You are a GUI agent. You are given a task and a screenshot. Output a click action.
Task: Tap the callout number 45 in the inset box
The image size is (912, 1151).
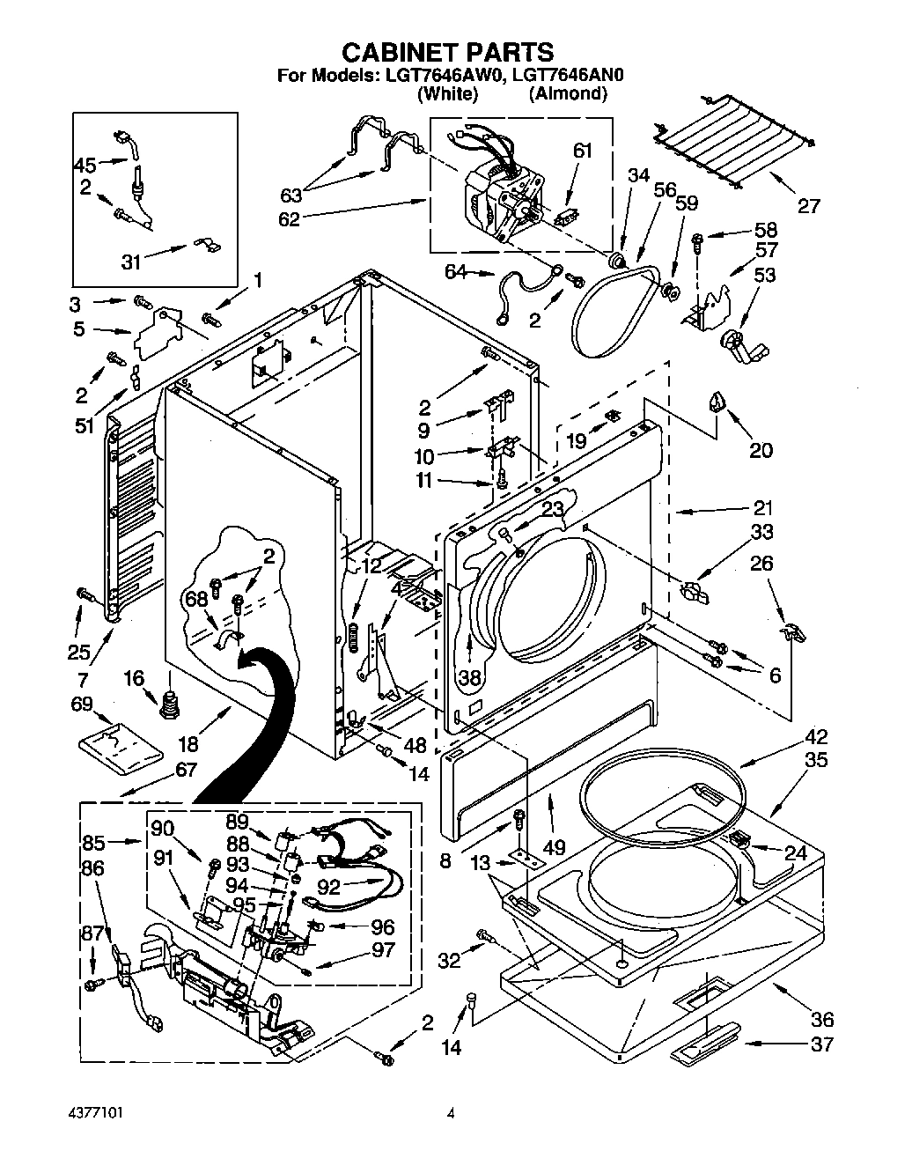(85, 165)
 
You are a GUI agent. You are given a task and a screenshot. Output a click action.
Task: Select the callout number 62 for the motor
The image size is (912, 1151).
(290, 218)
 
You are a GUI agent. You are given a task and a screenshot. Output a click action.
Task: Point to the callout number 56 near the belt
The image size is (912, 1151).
(666, 190)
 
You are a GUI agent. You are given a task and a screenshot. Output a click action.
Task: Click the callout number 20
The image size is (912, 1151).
(761, 450)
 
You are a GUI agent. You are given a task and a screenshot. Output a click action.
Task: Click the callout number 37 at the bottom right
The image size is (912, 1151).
(822, 1044)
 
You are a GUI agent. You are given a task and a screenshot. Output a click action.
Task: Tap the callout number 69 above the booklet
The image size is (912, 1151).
(82, 704)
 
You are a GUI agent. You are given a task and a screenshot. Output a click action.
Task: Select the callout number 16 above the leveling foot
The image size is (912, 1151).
(134, 653)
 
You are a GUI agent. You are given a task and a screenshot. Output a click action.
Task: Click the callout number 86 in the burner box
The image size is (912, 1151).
(92, 868)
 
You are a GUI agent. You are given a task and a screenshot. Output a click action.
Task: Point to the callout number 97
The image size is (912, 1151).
(383, 950)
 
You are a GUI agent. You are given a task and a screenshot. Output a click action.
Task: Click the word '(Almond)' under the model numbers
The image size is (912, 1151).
(568, 92)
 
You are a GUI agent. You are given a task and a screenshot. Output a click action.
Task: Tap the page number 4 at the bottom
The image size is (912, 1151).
(451, 1113)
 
